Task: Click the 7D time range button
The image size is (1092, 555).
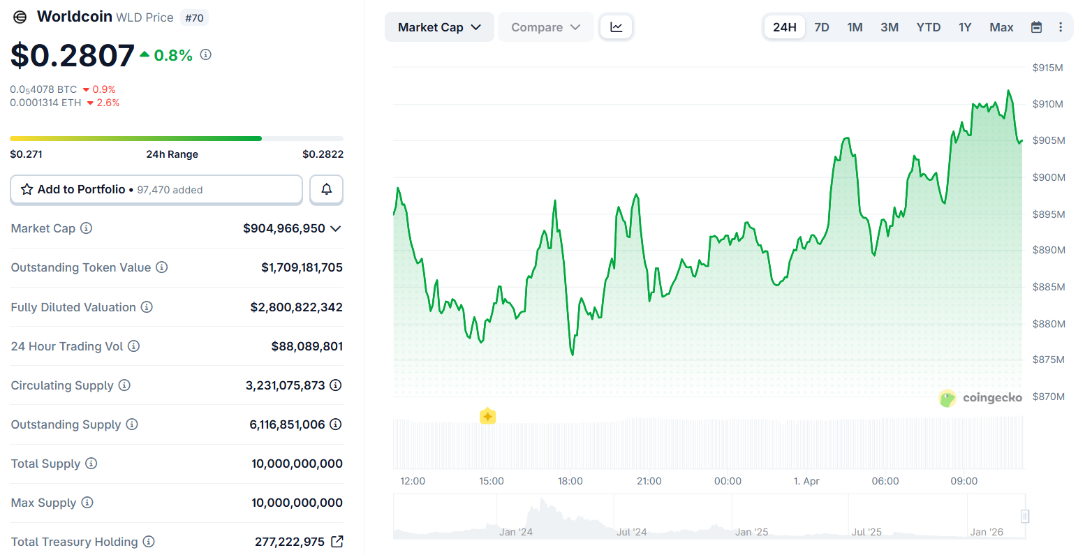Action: click(822, 27)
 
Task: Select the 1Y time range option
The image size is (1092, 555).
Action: click(965, 27)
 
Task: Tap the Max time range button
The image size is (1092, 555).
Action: click(1001, 27)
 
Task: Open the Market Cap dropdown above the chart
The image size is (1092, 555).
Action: click(439, 27)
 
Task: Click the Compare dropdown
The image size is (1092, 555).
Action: click(545, 27)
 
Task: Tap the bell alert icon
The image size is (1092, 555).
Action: click(326, 189)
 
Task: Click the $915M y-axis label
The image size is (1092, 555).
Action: click(1047, 68)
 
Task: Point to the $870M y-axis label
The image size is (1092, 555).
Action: click(1048, 397)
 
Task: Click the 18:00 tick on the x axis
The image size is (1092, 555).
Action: click(570, 481)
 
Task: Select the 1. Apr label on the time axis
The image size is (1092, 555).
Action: click(806, 481)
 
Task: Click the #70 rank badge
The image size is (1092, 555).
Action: click(194, 18)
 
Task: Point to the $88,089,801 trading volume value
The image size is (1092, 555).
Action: click(307, 346)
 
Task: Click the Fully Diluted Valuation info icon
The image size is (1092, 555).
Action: click(147, 307)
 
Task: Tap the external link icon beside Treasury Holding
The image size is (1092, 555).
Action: click(337, 541)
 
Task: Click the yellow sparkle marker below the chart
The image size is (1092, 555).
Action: click(487, 417)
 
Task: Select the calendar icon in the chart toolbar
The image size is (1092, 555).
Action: click(1037, 27)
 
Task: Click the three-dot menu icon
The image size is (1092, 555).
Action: click(1061, 27)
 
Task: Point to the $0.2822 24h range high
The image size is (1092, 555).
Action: click(323, 154)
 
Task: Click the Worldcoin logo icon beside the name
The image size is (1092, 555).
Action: click(20, 17)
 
